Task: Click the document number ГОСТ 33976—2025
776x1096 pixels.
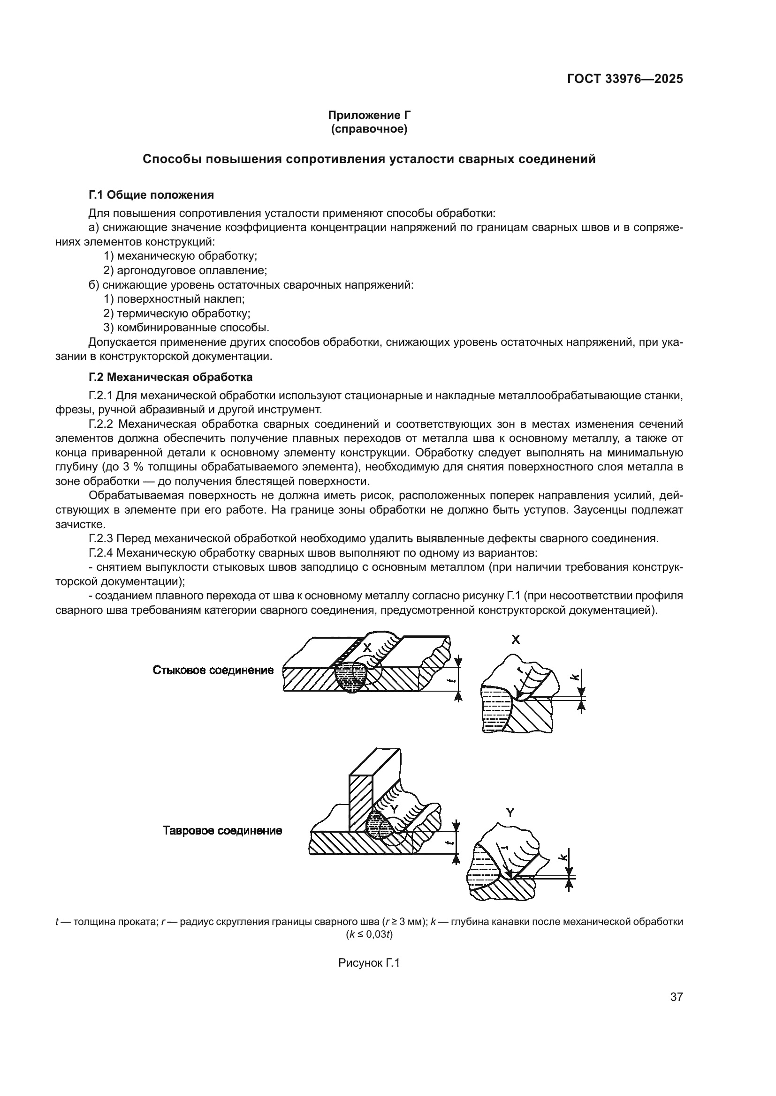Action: click(625, 79)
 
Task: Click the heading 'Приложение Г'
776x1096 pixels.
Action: click(369, 115)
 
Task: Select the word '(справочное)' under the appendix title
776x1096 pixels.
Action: click(369, 129)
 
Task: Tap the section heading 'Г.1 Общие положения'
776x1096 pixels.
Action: click(151, 195)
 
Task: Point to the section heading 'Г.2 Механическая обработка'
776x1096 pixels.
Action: click(170, 377)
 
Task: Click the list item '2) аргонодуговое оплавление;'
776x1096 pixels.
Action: click(185, 271)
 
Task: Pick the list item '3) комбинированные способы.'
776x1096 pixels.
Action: click(186, 328)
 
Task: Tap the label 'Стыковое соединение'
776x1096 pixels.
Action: click(213, 670)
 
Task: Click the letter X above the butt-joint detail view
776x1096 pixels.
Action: click(516, 640)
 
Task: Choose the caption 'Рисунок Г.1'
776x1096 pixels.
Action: click(368, 963)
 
